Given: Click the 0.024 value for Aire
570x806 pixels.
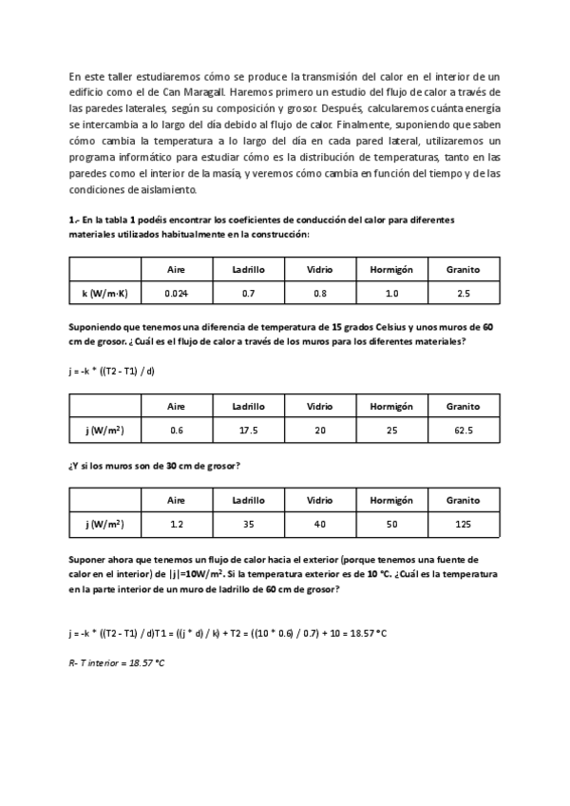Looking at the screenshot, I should pyautogui.click(x=176, y=294).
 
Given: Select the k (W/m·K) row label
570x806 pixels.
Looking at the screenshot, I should pyautogui.click(x=105, y=294).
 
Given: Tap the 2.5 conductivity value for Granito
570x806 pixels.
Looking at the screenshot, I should pyautogui.click(x=463, y=294).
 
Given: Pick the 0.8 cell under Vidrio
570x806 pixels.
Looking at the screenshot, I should pyautogui.click(x=319, y=294).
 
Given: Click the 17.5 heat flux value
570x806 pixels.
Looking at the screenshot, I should pyautogui.click(x=248, y=431).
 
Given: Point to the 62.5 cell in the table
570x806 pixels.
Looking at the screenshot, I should pyautogui.click(x=463, y=431).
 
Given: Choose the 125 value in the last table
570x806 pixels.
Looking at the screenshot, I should pyautogui.click(x=463, y=524).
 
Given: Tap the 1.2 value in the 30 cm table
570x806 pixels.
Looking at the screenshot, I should pyautogui.click(x=176, y=524).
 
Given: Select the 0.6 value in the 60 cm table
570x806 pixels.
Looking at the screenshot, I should pyautogui.click(x=176, y=431).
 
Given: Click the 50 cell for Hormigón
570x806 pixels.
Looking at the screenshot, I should pyautogui.click(x=391, y=524).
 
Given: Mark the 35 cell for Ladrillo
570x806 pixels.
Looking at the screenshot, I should pyautogui.click(x=248, y=524).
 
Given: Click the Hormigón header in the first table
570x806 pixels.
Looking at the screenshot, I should pyautogui.click(x=391, y=269).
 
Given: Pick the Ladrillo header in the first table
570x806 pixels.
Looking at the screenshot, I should pyautogui.click(x=248, y=269).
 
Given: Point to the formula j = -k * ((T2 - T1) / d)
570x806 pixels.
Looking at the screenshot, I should pyautogui.click(x=111, y=371).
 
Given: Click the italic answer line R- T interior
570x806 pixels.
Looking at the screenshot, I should pyautogui.click(x=117, y=662).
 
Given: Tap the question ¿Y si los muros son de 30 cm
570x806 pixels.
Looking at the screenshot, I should pyautogui.click(x=154, y=466).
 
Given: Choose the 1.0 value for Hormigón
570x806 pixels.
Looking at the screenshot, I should pyautogui.click(x=391, y=294).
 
